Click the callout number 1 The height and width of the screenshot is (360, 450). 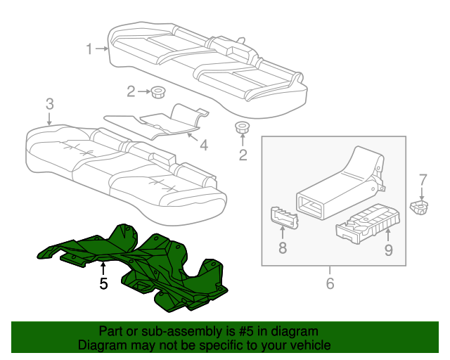tap(89, 49)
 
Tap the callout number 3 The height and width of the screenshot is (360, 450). tap(49, 103)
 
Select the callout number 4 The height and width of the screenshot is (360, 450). tap(203, 146)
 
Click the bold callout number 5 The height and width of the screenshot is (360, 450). tap(103, 283)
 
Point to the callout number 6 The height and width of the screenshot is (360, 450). tap(330, 283)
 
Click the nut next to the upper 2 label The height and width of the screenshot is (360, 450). tap(157, 91)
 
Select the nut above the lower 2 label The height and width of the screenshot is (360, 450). tap(243, 128)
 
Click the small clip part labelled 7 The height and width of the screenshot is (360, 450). tap(420, 207)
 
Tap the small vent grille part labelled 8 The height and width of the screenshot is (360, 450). tap(284, 217)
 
